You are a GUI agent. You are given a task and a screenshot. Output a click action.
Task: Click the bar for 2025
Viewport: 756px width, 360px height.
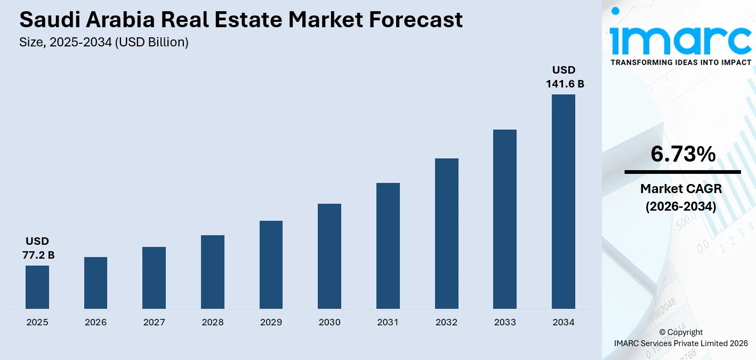[x=37, y=287]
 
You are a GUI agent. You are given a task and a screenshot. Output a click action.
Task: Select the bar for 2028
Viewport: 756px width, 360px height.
[x=213, y=272]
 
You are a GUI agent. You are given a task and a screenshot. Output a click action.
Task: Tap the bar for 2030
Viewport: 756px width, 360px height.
[x=329, y=256]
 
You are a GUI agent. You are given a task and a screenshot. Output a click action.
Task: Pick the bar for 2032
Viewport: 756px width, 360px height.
[x=447, y=234]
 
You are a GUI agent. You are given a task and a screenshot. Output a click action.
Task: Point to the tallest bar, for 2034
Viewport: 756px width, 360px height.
[x=564, y=202]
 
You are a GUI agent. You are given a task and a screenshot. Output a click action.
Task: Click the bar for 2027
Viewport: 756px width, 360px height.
[x=154, y=278]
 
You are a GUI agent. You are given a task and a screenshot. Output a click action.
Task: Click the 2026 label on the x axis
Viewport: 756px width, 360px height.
[x=95, y=322]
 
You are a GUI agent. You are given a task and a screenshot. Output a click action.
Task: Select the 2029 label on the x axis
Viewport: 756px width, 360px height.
[x=271, y=322]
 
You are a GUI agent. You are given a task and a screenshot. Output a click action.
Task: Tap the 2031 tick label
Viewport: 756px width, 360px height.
[x=388, y=322]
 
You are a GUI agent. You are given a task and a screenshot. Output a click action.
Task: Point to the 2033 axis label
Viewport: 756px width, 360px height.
[x=505, y=322]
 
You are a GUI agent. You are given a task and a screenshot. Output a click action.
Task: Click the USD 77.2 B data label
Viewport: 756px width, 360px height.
[x=38, y=249]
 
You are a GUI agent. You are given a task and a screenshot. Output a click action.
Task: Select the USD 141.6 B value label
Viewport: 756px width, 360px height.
[x=565, y=77]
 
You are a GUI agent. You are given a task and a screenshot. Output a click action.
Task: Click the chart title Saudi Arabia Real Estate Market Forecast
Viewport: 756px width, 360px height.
[x=241, y=20]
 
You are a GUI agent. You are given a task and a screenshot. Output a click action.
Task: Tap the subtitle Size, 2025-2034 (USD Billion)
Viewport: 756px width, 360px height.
[x=104, y=42]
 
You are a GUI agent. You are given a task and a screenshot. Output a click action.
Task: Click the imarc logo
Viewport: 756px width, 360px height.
[x=680, y=35]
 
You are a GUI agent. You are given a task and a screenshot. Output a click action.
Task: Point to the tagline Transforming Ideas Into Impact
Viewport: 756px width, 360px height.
[x=681, y=62]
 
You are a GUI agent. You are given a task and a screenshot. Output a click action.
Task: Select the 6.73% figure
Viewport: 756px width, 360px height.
[x=682, y=154]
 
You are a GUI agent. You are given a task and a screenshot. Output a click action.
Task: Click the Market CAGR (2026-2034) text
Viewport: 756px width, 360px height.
[x=681, y=197]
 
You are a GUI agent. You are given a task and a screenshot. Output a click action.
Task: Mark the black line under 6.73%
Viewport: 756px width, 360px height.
[x=682, y=172]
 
